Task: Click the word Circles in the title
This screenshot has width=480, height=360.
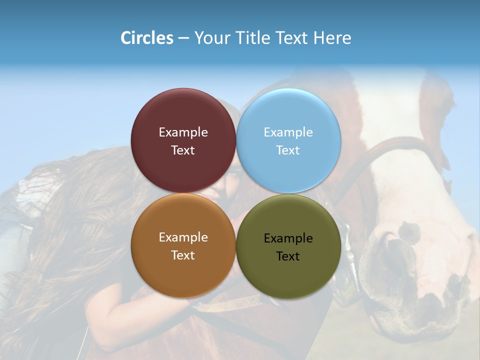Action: (x=147, y=38)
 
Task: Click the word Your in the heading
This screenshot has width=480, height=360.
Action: (x=212, y=38)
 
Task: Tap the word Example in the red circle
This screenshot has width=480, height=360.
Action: (x=183, y=132)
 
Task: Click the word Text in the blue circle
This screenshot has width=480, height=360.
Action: (x=288, y=150)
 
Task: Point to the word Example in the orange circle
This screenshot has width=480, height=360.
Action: (x=183, y=237)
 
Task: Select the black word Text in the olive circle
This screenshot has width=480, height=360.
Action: (x=288, y=256)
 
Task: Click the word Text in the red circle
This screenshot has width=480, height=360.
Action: (x=183, y=150)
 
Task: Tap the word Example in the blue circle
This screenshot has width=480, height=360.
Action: (x=288, y=132)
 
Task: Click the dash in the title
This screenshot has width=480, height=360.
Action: (x=183, y=38)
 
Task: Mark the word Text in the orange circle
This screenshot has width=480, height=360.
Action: (x=183, y=255)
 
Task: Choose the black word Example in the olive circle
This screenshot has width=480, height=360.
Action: (x=288, y=238)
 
